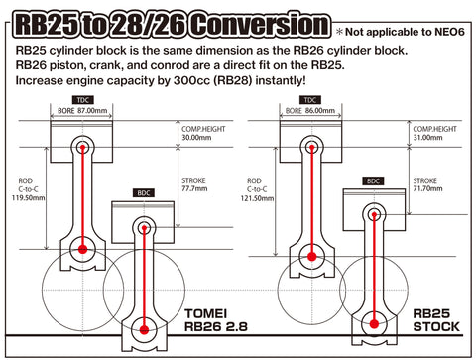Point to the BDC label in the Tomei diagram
[146, 191]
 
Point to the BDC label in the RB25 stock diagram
[374, 181]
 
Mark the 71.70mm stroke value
[431, 188]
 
